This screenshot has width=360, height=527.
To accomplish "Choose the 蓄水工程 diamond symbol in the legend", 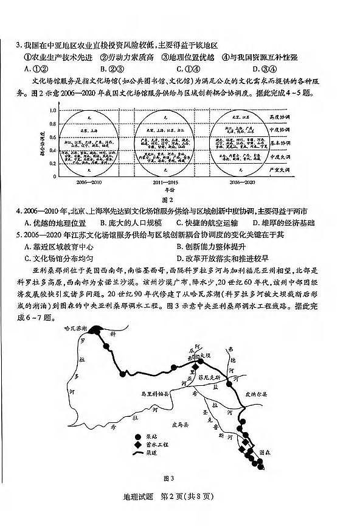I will coord(138,445).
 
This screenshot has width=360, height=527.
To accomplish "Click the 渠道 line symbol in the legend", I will coord(138,453).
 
